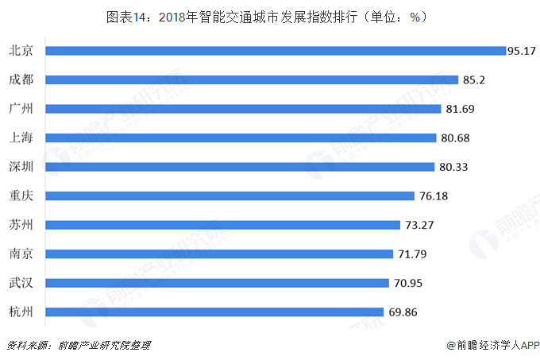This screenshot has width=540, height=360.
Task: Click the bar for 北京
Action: coord(276,50)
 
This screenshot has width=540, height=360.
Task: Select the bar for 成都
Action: coord(252,79)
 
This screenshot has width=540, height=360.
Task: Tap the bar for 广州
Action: coord(243,109)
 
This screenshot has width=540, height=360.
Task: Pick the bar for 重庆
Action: coord(230,195)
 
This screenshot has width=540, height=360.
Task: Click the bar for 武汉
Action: coord(217,283)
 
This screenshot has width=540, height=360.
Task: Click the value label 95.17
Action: coord(523,50)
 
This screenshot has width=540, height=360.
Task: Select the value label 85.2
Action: coord(472,79)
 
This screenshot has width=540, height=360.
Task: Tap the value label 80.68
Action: coord(456,137)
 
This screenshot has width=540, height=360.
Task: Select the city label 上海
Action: coord(21,137)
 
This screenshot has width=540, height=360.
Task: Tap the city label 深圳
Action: coord(21,167)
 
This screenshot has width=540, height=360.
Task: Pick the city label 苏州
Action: coord(21,225)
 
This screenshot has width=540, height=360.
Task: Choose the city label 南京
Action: coord(21,254)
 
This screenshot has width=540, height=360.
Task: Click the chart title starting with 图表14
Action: coord(270,17)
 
